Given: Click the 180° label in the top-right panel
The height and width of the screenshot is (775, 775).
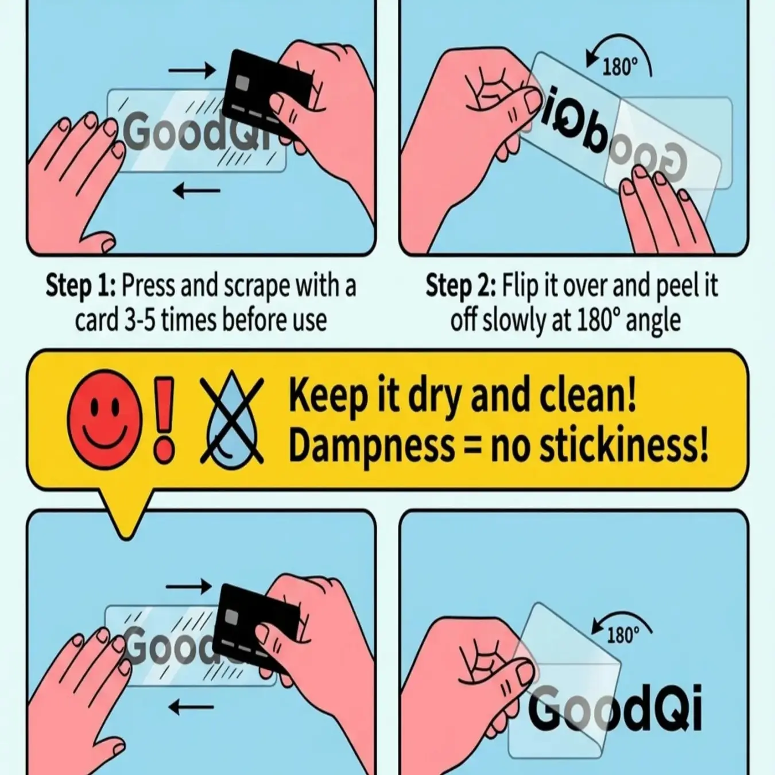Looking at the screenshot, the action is (x=621, y=67).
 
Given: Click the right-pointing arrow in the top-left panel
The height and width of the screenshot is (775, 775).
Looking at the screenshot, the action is (x=192, y=71).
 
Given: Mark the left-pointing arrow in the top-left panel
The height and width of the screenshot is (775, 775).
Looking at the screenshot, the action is (x=197, y=190).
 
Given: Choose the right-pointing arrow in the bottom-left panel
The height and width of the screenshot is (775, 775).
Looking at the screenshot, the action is (x=189, y=586).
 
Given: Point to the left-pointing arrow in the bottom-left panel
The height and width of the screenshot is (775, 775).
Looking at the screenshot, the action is (x=191, y=707).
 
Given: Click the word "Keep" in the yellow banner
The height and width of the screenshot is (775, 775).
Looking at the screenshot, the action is (x=328, y=396).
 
